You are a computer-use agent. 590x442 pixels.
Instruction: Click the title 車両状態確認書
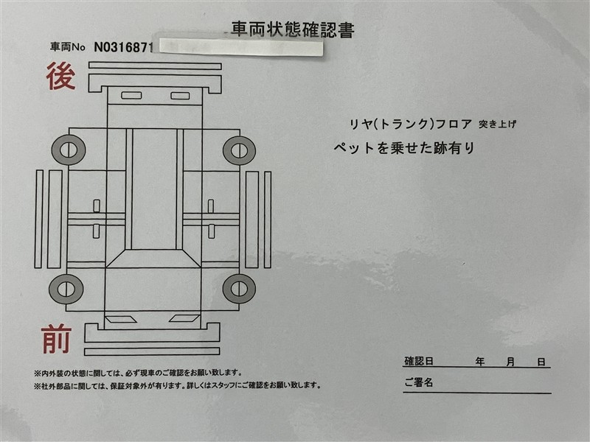[292, 29]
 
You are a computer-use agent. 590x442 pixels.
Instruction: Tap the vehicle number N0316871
[123, 47]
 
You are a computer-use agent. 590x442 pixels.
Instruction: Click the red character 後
[60, 77]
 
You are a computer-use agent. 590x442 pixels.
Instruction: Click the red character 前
[57, 339]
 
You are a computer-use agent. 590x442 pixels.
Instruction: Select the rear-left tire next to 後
[69, 150]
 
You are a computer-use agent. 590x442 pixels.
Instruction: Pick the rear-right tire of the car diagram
[239, 151]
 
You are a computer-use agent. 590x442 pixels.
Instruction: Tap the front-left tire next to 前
[66, 289]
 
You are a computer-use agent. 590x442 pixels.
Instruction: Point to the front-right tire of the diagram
[239, 289]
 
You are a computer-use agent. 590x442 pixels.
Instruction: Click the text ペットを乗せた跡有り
[404, 148]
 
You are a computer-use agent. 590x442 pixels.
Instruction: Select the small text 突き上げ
[497, 124]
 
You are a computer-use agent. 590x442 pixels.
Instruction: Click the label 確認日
[419, 361]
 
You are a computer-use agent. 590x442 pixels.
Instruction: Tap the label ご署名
[419, 382]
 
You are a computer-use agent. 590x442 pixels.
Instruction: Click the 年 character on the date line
[480, 362]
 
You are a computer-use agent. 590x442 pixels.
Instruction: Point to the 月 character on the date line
[510, 362]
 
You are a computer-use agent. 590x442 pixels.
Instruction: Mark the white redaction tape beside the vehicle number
[241, 47]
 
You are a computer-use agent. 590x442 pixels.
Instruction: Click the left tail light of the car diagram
[131, 96]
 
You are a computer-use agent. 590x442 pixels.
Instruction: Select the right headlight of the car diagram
[184, 319]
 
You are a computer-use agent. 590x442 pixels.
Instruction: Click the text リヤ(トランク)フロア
[411, 124]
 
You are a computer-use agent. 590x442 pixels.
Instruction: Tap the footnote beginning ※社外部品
[177, 385]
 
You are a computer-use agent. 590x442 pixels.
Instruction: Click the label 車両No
[68, 47]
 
